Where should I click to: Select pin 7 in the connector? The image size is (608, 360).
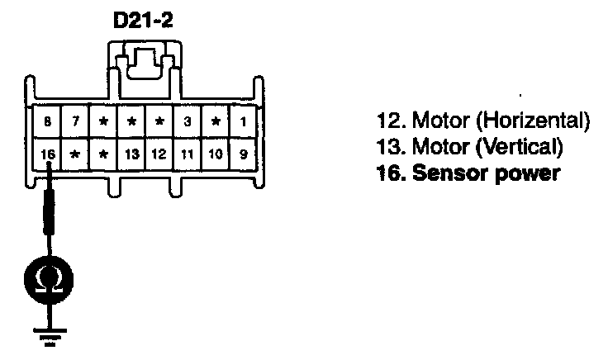pos(75,122)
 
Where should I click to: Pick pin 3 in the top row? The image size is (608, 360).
pos(188,122)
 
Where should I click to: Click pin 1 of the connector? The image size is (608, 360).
pos(243,122)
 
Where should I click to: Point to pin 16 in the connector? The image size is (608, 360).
pos(47,153)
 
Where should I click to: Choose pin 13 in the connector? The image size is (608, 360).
pos(131,153)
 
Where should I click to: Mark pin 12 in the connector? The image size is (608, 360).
pos(159,153)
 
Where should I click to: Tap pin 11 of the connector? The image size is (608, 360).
pos(188,153)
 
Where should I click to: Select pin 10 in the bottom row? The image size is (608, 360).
pos(216,153)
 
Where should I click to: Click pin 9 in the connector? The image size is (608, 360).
pos(243,153)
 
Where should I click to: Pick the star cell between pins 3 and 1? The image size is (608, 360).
pos(216,122)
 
